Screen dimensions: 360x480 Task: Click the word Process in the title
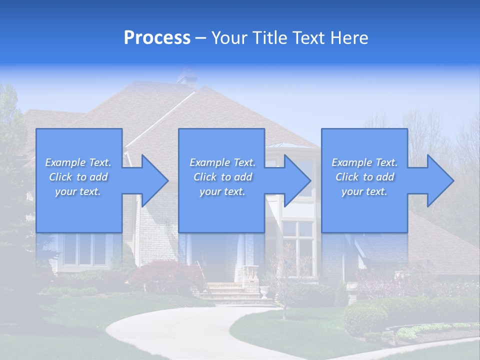tap(157, 38)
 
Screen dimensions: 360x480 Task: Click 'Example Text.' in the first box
tap(78, 162)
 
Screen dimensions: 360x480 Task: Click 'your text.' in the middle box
tap(222, 191)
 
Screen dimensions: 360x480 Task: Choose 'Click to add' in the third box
tap(364, 177)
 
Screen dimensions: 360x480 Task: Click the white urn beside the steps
tap(264, 292)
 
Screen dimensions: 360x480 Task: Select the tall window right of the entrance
tap(298, 247)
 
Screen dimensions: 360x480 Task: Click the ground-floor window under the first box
tap(85, 249)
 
